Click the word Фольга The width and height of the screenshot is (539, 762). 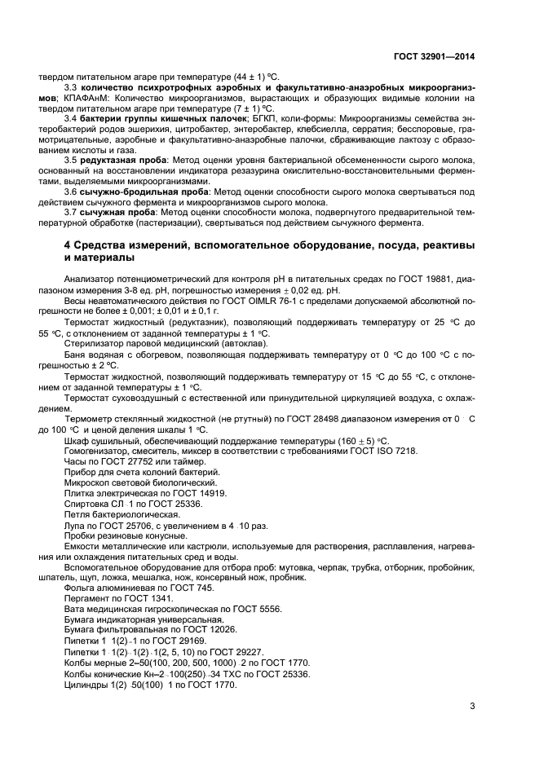click(80, 588)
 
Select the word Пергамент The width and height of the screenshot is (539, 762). click(86, 598)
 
